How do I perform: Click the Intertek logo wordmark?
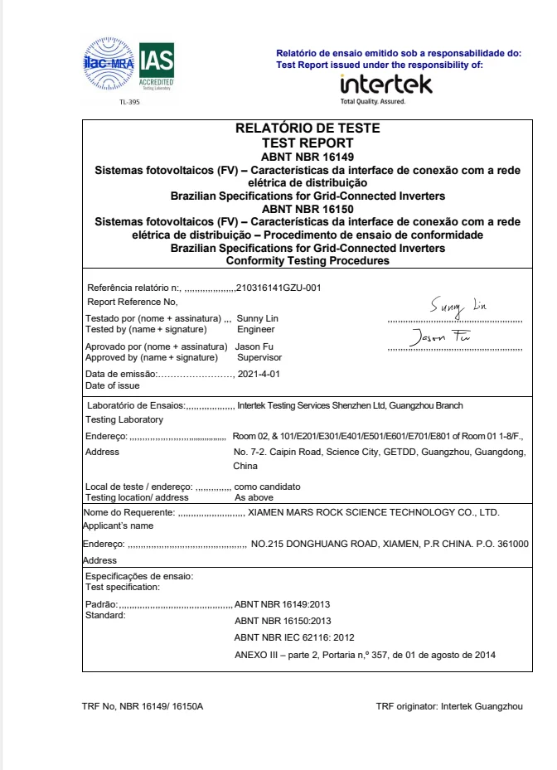(x=386, y=85)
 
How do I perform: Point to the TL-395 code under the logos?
(x=130, y=103)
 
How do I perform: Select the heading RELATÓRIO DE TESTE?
(x=308, y=128)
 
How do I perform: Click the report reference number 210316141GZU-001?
(x=278, y=288)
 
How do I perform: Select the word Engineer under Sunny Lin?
(x=255, y=329)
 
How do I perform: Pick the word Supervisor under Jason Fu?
(x=259, y=357)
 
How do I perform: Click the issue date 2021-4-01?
(x=259, y=375)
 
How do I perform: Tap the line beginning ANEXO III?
(x=366, y=656)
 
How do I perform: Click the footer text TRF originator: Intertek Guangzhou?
(x=449, y=706)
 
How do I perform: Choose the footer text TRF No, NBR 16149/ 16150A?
(x=143, y=706)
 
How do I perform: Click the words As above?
(x=253, y=497)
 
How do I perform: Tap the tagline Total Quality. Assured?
(x=372, y=101)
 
